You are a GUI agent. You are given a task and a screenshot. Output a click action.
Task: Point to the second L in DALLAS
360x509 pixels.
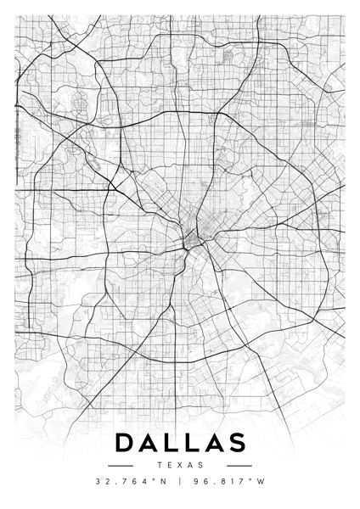point(192,444)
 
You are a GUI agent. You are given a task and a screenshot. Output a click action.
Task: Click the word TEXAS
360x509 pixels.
point(180,465)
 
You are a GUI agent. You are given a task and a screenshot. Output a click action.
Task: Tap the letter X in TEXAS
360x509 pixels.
point(180,465)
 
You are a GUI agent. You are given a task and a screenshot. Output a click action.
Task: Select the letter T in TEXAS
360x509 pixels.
point(160,465)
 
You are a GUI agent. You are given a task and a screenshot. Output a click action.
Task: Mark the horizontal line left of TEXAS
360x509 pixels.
point(121,465)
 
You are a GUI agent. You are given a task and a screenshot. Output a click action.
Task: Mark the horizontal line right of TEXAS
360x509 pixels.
point(239,465)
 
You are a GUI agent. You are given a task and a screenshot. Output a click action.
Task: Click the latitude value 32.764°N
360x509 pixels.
point(131,481)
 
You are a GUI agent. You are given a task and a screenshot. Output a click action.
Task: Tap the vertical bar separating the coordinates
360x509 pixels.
point(180,481)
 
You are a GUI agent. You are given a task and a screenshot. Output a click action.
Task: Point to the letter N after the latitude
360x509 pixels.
point(164,481)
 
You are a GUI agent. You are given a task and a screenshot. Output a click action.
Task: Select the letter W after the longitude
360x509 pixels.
point(262,481)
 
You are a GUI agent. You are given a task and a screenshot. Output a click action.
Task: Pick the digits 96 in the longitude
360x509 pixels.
point(200,481)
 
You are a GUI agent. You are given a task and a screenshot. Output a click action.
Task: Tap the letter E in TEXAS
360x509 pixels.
point(170,465)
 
